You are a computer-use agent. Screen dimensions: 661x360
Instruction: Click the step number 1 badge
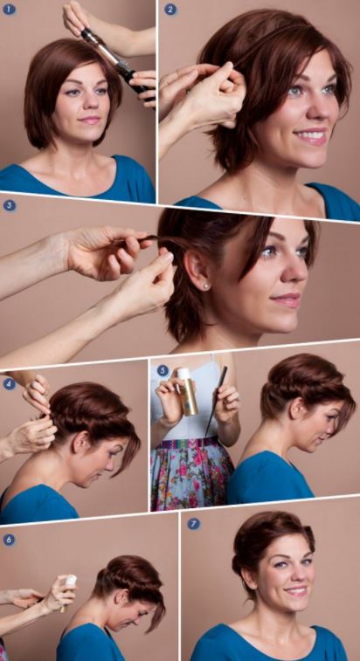click(10, 10)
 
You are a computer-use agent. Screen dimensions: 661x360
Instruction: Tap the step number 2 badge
click(170, 10)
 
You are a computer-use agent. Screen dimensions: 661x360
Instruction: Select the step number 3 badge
click(10, 206)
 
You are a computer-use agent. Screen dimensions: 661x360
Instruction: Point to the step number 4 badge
click(10, 383)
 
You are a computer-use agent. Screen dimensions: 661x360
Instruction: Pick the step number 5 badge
click(163, 370)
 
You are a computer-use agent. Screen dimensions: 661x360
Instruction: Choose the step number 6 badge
click(10, 540)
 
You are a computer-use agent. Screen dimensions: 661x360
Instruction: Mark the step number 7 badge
click(194, 524)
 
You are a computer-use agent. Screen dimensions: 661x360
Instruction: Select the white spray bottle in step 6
click(70, 582)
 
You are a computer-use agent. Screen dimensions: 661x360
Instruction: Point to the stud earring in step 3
click(207, 285)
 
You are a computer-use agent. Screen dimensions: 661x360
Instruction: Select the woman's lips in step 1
click(90, 120)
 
